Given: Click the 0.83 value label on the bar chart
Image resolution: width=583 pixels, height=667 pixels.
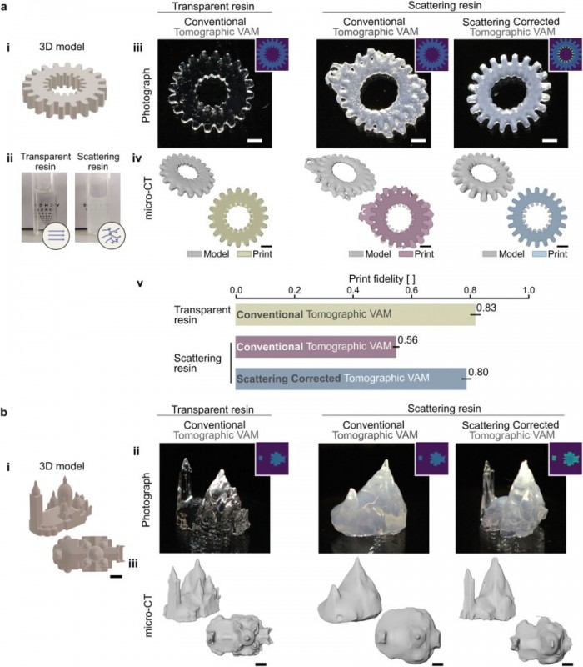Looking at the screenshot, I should coord(486,308).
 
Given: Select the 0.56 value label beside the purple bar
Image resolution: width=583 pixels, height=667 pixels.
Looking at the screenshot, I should coord(407,340).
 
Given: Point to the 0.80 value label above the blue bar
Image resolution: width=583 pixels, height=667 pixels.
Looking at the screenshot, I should coord(478,372).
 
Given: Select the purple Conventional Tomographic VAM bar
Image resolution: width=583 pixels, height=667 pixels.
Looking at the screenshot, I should coord(316,346).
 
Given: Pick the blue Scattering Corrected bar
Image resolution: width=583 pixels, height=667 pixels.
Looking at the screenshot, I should coord(351,379).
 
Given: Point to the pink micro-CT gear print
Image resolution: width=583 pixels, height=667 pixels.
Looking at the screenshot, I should coord(388,218).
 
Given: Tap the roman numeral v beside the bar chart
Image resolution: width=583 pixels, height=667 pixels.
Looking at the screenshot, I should coord(139,282).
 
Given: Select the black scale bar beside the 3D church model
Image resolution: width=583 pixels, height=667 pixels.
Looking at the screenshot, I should coord(116,574).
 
